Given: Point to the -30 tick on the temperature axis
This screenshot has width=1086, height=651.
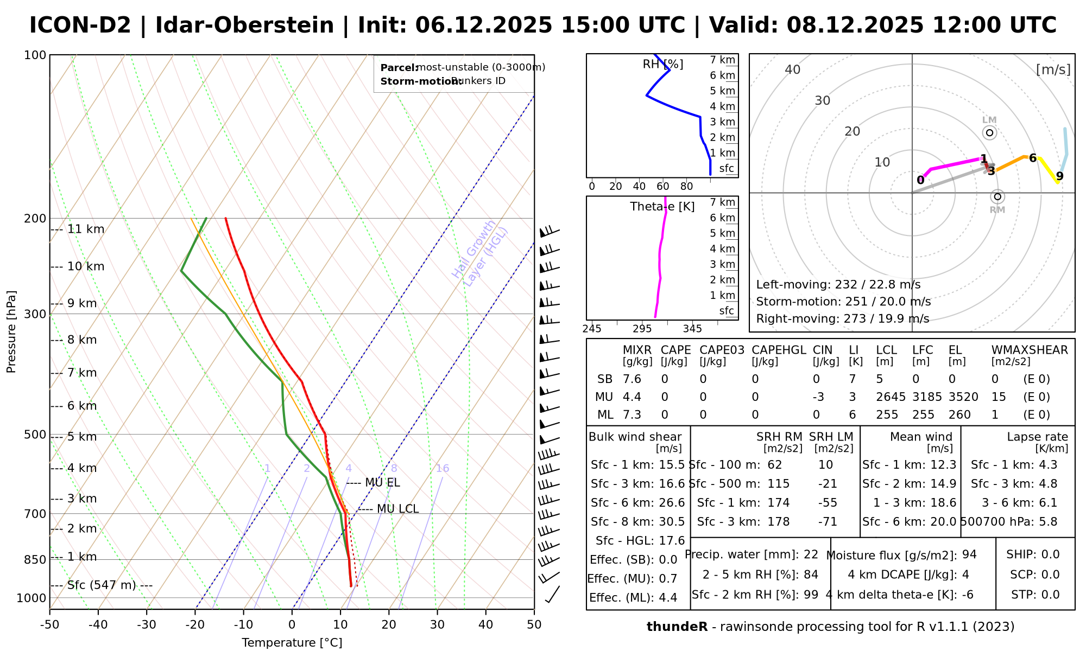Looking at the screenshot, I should [x=147, y=624].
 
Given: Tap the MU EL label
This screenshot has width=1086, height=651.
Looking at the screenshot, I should [x=382, y=482].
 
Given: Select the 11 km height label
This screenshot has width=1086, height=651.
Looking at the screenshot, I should [x=86, y=229].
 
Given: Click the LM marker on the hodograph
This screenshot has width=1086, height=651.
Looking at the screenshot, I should [x=989, y=132].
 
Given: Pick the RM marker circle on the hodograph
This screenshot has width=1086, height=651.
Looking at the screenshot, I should [x=997, y=196].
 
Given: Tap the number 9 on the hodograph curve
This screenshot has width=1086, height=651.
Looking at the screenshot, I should [x=1059, y=176].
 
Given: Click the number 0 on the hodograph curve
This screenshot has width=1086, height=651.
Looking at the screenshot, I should [x=920, y=180].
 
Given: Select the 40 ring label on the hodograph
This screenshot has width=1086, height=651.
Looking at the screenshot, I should [x=793, y=69].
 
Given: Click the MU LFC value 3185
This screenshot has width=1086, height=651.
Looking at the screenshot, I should [x=927, y=397].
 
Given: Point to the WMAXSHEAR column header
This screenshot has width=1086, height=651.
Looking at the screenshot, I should [x=1030, y=350].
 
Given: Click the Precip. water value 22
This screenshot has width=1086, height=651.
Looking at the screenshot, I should [x=811, y=554].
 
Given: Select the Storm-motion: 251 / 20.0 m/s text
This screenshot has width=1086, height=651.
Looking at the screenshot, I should [x=843, y=302].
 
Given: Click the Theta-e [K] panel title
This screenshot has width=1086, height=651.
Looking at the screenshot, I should [x=662, y=207].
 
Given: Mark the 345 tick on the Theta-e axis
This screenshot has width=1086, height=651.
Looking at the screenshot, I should [x=692, y=329].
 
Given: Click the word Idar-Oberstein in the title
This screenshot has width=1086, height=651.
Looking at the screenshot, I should [x=244, y=25].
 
